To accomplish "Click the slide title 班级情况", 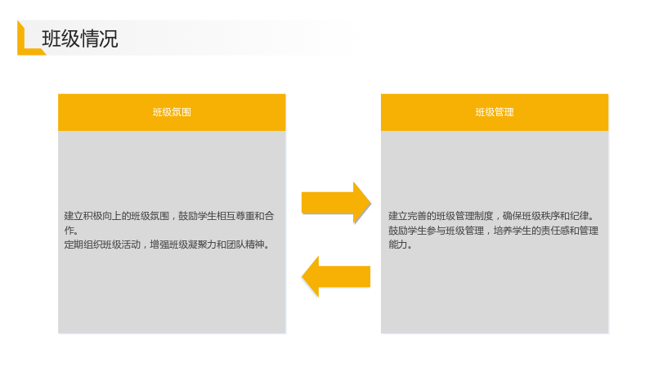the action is click(x=80, y=38).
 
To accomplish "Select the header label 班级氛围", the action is click(x=172, y=112).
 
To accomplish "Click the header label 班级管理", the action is click(x=495, y=112).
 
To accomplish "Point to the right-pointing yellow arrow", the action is click(x=336, y=203).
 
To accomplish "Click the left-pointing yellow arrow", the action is click(x=336, y=276).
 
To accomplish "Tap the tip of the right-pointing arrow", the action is click(x=370, y=203).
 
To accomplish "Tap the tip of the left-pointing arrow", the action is click(x=302, y=276).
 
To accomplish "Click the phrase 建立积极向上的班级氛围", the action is click(x=116, y=216).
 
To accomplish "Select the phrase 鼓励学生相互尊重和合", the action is click(x=226, y=216).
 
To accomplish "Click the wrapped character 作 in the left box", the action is click(x=69, y=230).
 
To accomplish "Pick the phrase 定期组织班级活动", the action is click(x=102, y=245).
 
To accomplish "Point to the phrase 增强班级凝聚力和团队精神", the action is click(x=208, y=245).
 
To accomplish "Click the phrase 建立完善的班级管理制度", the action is click(x=441, y=216).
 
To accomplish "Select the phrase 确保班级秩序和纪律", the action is click(x=546, y=216).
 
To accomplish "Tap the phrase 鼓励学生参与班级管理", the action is click(x=437, y=231).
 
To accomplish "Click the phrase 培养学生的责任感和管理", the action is click(x=546, y=231).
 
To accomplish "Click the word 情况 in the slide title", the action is click(x=99, y=38).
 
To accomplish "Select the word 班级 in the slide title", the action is click(x=60, y=38).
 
